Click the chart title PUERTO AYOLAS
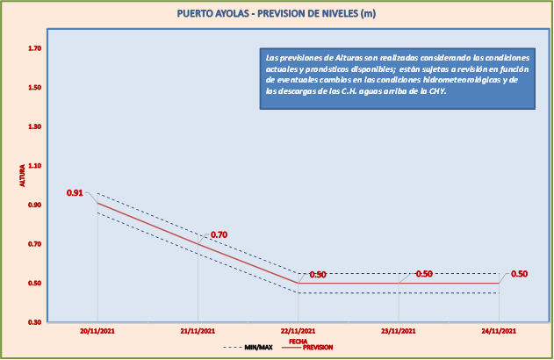277,13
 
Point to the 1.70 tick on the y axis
35,48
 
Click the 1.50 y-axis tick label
35,88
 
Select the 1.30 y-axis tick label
35,126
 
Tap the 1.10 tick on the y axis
35,166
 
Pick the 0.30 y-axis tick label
35,322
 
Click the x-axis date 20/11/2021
97,331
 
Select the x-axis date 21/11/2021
198,331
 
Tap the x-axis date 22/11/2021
298,331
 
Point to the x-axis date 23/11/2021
399,331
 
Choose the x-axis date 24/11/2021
499,331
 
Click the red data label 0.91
75,193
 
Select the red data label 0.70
219,234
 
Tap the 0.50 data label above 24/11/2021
519,274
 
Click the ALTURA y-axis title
23,176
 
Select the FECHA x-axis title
298,340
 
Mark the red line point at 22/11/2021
298,283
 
